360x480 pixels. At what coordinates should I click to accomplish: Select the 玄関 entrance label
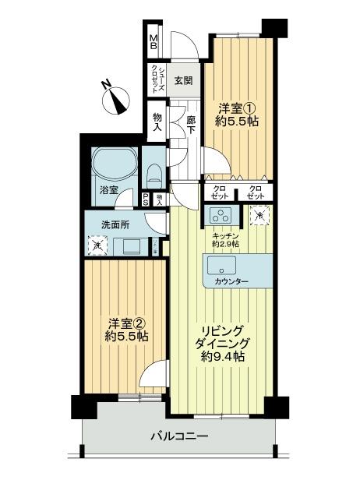[x=183, y=80]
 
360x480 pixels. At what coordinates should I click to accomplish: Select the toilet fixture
[x=154, y=174]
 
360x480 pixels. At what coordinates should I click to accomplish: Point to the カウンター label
[x=231, y=281]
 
